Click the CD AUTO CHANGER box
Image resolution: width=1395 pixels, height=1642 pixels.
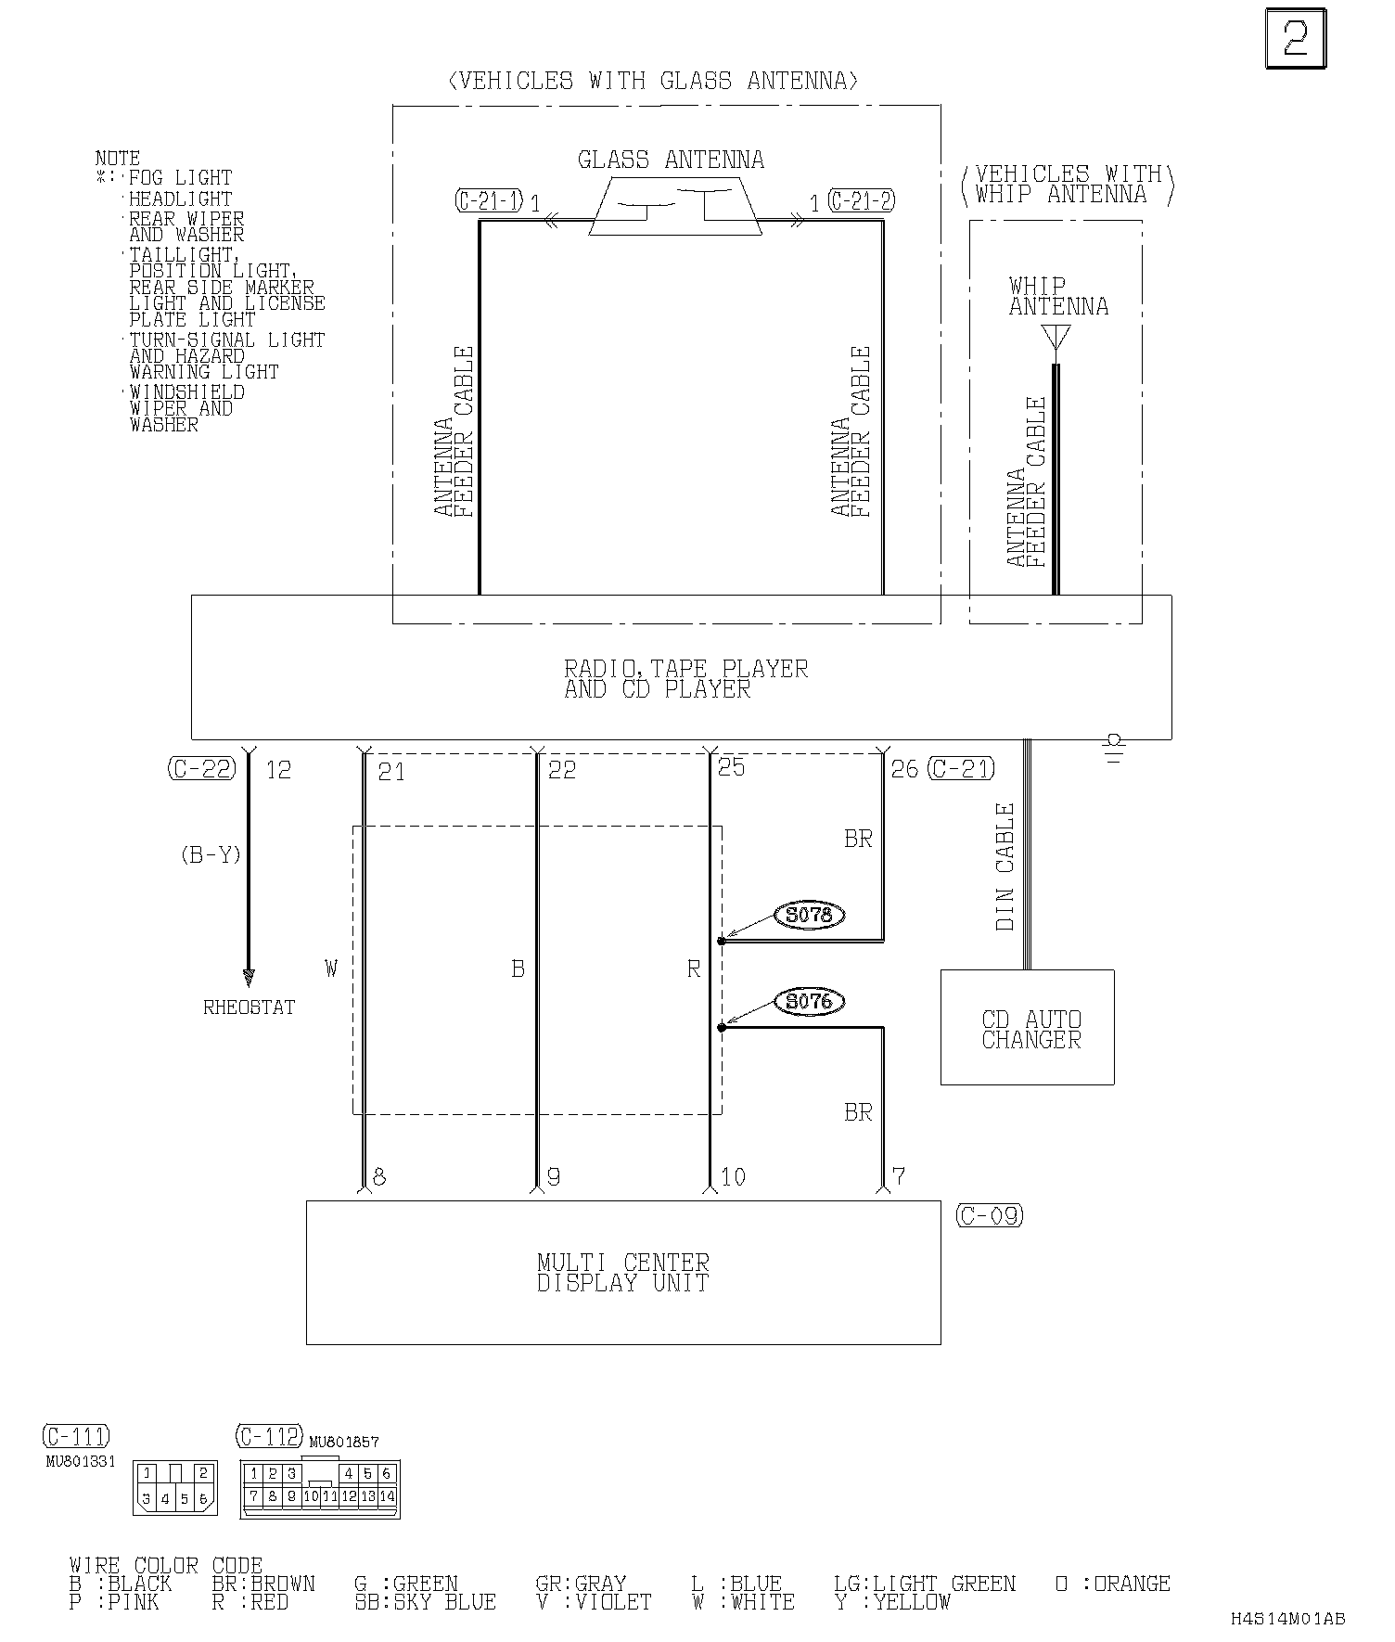[x=1027, y=1027]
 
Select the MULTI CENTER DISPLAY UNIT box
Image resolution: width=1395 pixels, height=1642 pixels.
[x=623, y=1272]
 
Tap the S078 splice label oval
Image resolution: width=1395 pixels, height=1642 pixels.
[x=809, y=916]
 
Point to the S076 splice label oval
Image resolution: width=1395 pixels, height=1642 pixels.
[x=809, y=1002]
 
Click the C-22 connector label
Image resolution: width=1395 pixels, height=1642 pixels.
[x=202, y=768]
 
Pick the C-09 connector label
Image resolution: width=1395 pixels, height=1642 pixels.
[x=990, y=1215]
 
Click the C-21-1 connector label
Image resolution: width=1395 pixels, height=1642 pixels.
[x=490, y=200]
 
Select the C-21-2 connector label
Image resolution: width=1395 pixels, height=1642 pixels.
[x=862, y=200]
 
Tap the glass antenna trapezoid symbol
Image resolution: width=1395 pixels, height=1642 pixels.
[x=675, y=206]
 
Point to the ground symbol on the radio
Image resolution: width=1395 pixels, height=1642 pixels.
[x=1114, y=748]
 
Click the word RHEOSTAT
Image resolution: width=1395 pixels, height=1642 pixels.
[x=249, y=1007]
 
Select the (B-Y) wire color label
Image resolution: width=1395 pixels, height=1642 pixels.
[x=211, y=854]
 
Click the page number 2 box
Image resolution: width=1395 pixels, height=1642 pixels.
[x=1296, y=38]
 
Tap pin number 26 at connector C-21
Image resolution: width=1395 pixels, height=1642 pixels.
[x=903, y=769]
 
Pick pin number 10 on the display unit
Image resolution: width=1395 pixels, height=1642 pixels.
[x=733, y=1177]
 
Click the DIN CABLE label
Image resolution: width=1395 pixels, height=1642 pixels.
[x=1005, y=867]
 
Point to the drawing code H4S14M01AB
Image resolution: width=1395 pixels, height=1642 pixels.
[x=1287, y=1619]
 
